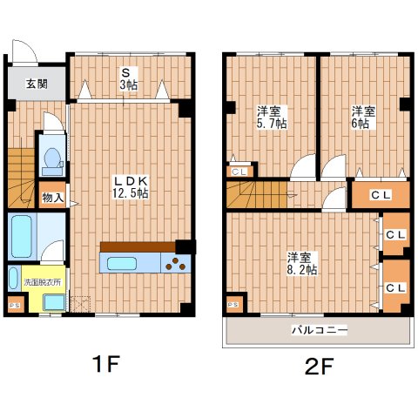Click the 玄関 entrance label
pos(36,84)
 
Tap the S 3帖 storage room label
pos(126,78)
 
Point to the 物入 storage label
pos(52,198)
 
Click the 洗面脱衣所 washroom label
pos(41,282)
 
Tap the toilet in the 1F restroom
pos(50,159)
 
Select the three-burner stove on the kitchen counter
pos(178,261)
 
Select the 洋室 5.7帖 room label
pos(270,117)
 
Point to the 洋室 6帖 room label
pos(362,117)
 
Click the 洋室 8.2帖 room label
pos(301,263)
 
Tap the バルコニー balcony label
pos(319,331)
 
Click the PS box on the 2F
pos(233,305)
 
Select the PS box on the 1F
pos(14,305)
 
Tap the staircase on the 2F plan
pos(257,197)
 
